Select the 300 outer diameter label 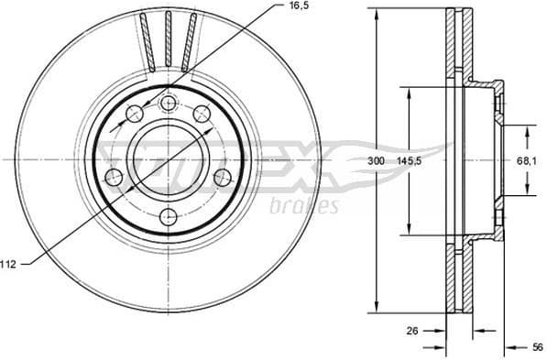(x=376, y=160)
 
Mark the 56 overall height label (x=537, y=347)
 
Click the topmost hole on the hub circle (x=168, y=104)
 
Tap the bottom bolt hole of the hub (x=169, y=217)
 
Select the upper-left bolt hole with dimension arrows (x=135, y=113)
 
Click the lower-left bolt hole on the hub (x=115, y=177)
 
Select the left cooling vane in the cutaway (x=147, y=42)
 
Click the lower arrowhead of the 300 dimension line (x=375, y=307)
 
